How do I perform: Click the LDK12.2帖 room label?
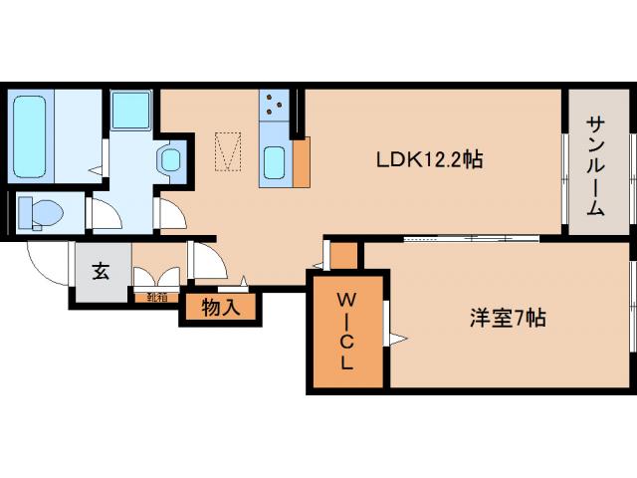click(429, 158)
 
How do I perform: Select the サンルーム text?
click(595, 165)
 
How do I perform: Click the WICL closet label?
click(345, 332)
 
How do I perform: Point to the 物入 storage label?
click(220, 308)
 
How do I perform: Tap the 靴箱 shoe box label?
click(156, 296)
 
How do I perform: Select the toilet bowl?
click(40, 211)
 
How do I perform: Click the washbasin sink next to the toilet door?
click(170, 158)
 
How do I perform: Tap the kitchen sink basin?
click(275, 160)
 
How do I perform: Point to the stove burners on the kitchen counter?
click(274, 104)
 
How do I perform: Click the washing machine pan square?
click(130, 110)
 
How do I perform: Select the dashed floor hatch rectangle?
click(229, 150)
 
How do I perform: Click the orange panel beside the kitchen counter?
click(301, 159)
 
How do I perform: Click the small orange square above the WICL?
click(343, 256)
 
